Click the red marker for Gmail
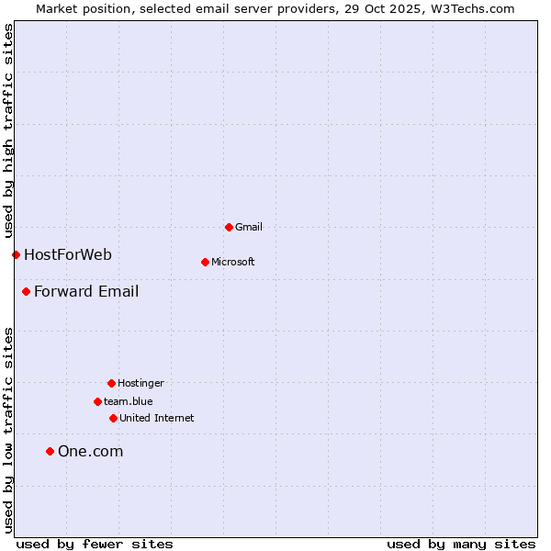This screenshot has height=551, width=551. [229, 227]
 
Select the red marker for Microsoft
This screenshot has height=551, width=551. [205, 262]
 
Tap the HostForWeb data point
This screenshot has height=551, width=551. [16, 254]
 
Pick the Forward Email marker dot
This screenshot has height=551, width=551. [26, 291]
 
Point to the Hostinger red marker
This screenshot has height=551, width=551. [111, 383]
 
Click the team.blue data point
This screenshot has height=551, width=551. [97, 401]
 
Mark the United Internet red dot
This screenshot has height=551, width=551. [113, 418]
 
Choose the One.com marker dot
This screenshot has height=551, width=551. [50, 451]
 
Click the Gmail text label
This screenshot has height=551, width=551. [249, 227]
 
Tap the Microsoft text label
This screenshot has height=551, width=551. [233, 262]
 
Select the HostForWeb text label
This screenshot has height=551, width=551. [68, 254]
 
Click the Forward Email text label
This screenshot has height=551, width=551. [86, 292]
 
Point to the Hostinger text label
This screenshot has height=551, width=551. [141, 383]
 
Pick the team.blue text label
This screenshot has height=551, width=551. [129, 401]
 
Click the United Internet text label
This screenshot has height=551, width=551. [157, 418]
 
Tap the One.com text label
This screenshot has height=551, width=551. [90, 451]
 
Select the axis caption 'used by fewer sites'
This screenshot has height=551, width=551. [95, 544]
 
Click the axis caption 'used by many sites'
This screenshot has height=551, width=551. [461, 544]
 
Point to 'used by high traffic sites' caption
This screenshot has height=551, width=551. [8, 129]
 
